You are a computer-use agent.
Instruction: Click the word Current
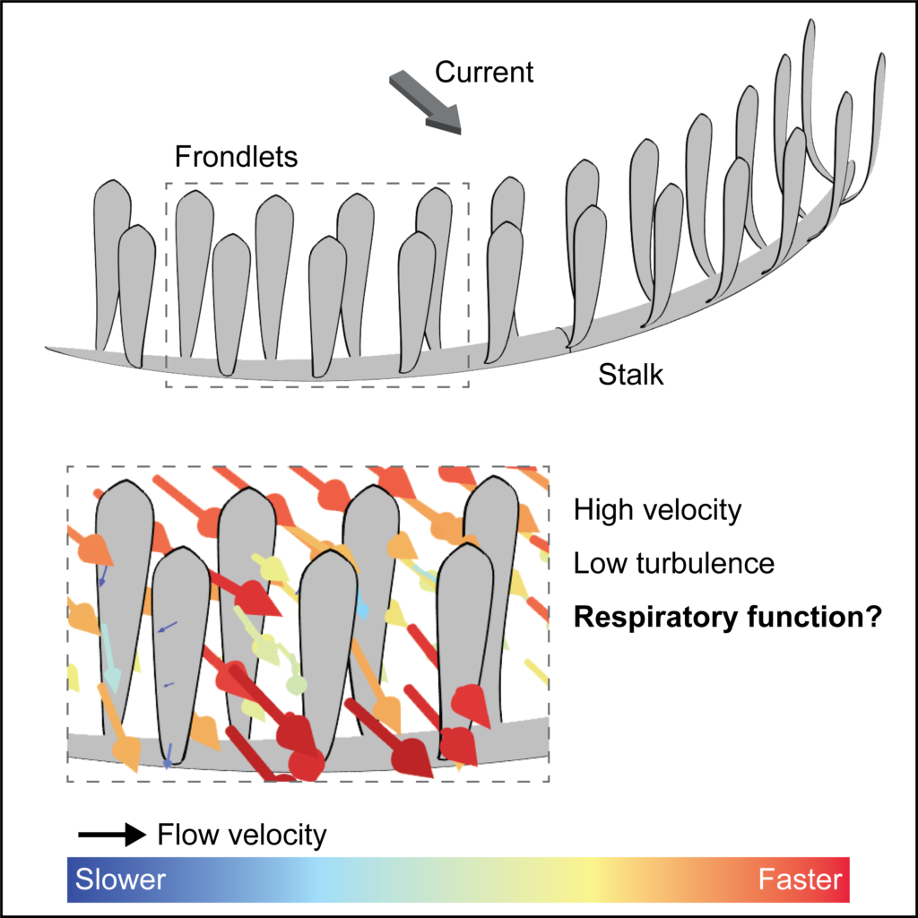click(x=484, y=72)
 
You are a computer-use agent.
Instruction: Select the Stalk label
click(x=631, y=374)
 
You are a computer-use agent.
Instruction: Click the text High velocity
click(x=658, y=511)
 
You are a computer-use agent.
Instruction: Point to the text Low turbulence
click(x=673, y=564)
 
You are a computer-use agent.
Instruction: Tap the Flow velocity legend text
click(x=241, y=836)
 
